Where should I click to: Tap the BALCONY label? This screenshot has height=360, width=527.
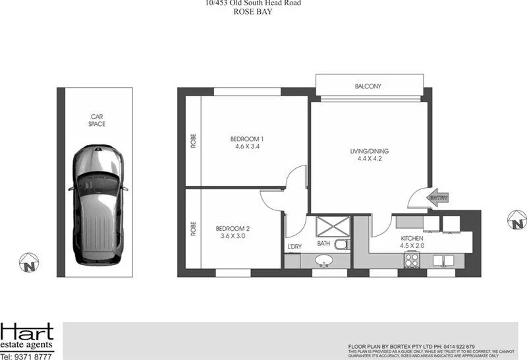(368, 86)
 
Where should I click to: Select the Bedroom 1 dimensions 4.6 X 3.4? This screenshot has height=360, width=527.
(247, 147)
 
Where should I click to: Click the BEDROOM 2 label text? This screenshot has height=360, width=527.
(233, 229)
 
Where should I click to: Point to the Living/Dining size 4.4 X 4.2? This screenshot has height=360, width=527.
(368, 159)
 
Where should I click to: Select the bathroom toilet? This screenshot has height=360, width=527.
(341, 245)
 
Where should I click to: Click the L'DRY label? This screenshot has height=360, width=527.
(294, 248)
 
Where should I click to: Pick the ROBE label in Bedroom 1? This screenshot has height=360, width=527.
(194, 141)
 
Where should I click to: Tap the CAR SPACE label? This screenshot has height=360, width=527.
(97, 120)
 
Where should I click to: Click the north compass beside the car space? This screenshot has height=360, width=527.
(28, 264)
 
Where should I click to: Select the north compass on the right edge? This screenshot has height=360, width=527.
(516, 219)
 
